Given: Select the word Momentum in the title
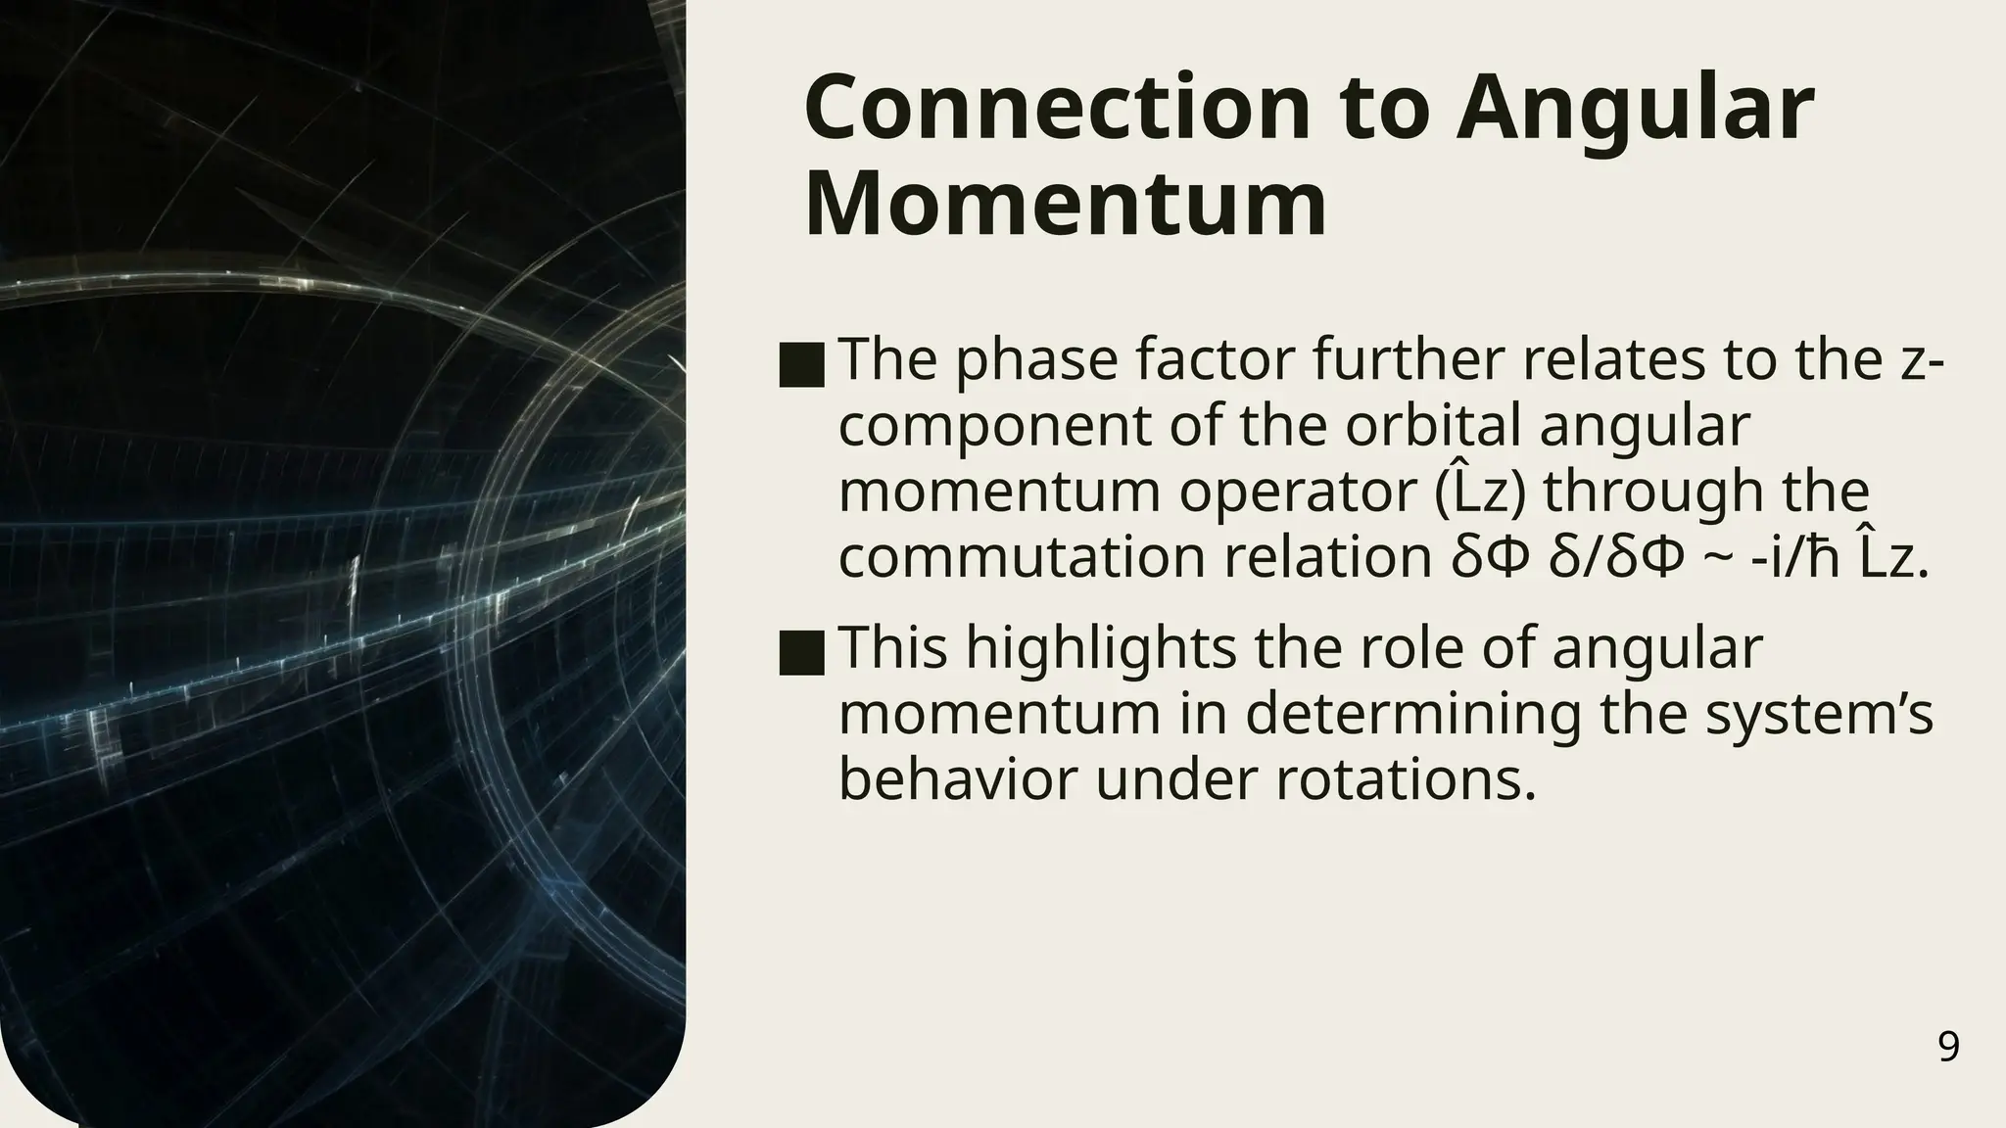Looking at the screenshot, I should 1066,204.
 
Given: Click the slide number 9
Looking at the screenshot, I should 1948,1048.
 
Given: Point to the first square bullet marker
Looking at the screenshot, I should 802,366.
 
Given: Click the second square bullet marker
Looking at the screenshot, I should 802,654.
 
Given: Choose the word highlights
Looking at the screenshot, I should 1102,648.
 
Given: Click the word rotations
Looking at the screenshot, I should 1405,779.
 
